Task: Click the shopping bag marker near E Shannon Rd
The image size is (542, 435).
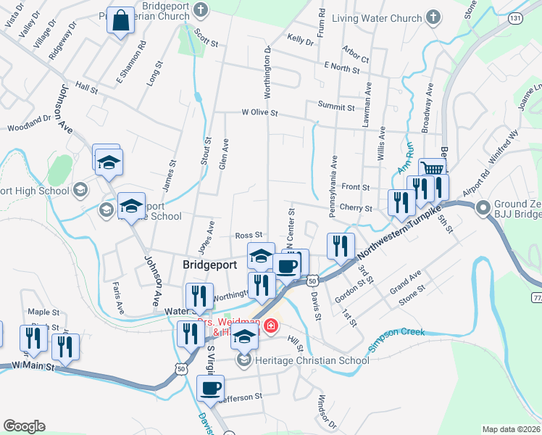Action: click(x=120, y=21)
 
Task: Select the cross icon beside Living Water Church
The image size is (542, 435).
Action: click(x=433, y=17)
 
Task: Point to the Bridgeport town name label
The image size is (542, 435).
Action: click(x=209, y=265)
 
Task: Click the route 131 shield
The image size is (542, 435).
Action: click(x=514, y=17)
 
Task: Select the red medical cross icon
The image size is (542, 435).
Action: click(x=272, y=327)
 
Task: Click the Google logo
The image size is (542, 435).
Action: click(x=24, y=426)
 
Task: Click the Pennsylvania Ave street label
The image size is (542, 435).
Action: click(x=333, y=175)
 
